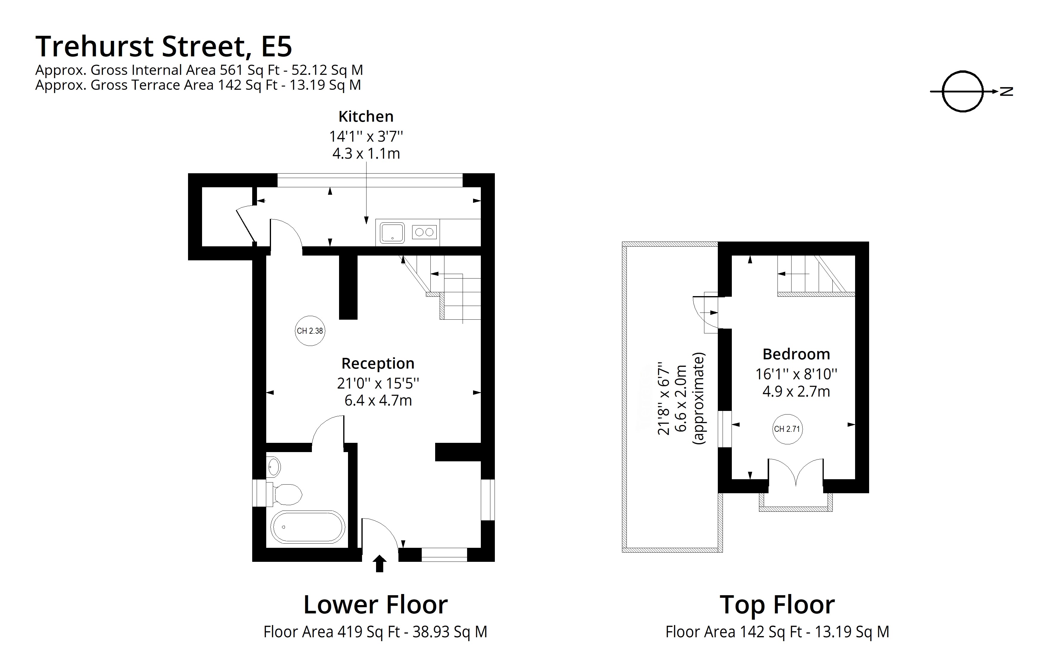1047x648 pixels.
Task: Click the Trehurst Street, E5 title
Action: (164, 46)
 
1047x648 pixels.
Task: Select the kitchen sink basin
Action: (392, 233)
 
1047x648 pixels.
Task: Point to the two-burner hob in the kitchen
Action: (424, 232)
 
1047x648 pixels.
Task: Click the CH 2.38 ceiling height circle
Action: (310, 331)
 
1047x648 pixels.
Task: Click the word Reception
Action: (378, 364)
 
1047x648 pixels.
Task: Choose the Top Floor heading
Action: (777, 605)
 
